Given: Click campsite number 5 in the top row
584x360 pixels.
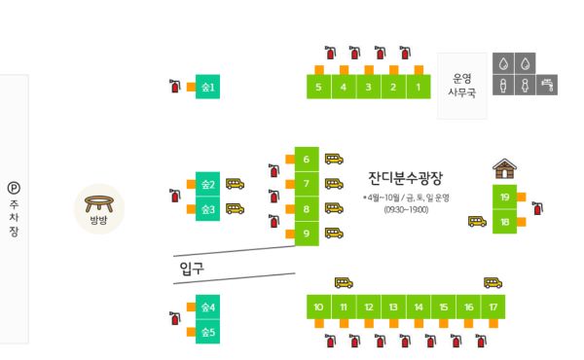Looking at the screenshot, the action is pos(319,88).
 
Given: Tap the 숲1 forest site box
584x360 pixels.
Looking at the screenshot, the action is pos(207,88).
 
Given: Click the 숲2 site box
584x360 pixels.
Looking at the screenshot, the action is pos(207,184).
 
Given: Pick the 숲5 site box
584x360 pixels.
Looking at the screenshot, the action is pos(207,333).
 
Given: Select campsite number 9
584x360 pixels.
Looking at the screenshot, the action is pos(306,234).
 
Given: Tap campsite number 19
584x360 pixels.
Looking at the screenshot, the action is pos(504,197).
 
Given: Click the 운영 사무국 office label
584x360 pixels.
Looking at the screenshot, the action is pos(460,85).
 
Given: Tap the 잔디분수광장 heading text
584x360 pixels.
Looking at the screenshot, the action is pos(405,178).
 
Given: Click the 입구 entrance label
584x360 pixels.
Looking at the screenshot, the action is pos(192,268).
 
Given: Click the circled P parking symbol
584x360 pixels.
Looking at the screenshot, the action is pos(13,189).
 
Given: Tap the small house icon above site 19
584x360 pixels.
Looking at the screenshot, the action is pos(504,167).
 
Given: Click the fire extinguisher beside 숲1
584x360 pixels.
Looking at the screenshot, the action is pos(175,87).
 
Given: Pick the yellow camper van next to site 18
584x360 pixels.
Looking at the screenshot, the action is pos(477,221).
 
